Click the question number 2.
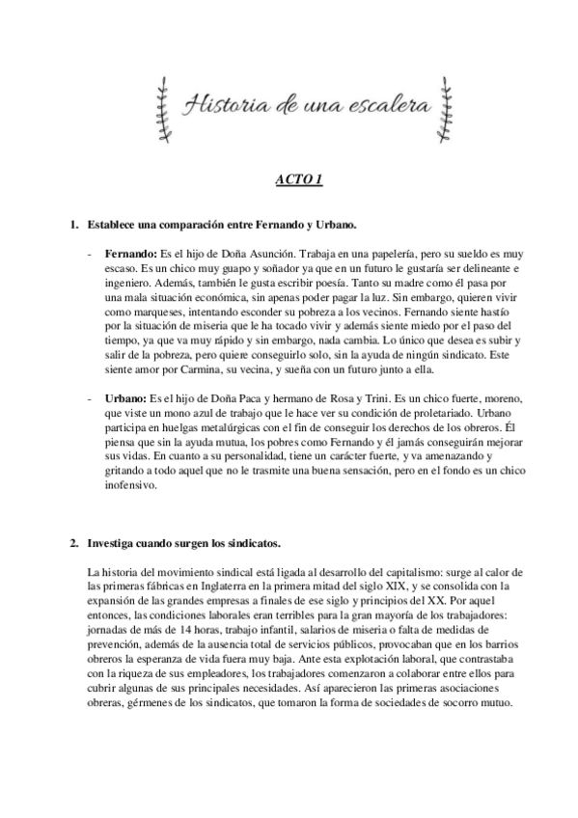(73, 543)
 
